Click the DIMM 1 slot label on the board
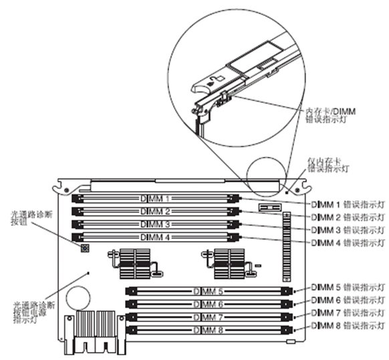point(156,198)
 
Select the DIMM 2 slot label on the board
point(156,211)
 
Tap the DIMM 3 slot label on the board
point(156,224)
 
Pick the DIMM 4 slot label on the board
point(156,236)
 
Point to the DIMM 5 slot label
point(209,292)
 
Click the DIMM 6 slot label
point(209,305)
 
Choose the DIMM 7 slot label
point(209,317)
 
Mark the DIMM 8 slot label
point(209,330)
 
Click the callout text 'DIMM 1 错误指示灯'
point(347,204)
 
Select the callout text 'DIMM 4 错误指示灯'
point(347,242)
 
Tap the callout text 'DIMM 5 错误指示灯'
point(347,287)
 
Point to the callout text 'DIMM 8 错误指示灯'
point(347,327)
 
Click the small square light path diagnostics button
point(85,249)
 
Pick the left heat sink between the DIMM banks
point(136,264)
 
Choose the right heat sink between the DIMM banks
point(227,264)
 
